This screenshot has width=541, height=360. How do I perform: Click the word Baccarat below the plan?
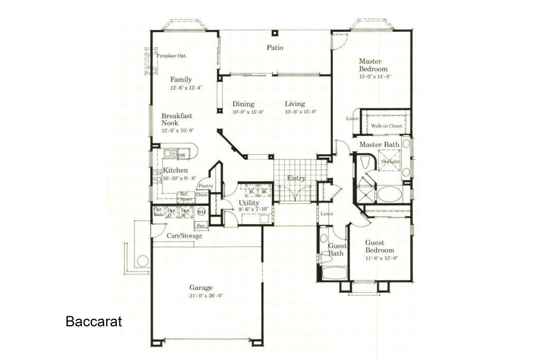(94, 321)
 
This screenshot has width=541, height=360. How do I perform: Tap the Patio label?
(275, 48)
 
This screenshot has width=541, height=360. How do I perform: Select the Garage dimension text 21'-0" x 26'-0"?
(206, 296)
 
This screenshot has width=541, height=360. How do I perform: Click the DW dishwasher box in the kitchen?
(182, 155)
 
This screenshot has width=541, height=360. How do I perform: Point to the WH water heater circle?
(201, 212)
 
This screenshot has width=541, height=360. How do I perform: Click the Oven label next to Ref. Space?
(202, 195)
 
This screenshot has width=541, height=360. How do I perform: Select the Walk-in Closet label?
(386, 126)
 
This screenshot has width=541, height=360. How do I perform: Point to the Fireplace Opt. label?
(172, 55)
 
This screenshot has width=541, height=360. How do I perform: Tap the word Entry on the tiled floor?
(296, 178)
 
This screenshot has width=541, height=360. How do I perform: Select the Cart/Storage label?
(184, 236)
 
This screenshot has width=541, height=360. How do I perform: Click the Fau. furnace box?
(201, 225)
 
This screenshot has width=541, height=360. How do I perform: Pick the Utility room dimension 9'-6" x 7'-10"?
(254, 210)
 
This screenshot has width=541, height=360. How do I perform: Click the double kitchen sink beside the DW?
(170, 154)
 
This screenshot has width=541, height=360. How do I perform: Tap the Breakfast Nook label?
(176, 119)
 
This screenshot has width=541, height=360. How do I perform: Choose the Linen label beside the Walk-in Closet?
(352, 119)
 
